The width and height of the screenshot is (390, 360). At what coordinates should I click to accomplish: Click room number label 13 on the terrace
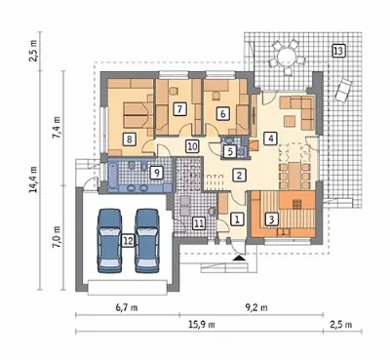338,51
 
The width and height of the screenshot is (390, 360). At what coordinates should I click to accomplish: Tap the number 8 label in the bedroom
130,140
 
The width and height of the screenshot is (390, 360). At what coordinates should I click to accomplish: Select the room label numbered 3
272,220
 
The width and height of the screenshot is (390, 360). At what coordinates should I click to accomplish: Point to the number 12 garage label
128,241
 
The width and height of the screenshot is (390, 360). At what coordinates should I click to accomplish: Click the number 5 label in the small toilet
230,151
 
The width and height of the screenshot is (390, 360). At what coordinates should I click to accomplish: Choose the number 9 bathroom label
156,173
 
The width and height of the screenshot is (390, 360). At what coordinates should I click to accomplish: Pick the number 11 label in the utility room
199,223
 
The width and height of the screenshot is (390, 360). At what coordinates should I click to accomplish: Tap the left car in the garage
110,240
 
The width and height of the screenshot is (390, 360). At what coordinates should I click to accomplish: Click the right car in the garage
147,240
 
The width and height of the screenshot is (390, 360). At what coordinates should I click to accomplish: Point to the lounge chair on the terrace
343,90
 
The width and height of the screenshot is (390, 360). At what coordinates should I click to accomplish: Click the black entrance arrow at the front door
240,258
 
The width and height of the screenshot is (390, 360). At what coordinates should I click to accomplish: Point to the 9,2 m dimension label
255,307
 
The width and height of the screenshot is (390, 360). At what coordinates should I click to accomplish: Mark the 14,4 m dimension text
33,179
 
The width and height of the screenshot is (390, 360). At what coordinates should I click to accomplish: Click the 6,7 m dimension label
127,307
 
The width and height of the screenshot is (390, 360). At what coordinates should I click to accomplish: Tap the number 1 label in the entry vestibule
237,219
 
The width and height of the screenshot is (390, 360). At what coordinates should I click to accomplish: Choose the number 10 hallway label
192,146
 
